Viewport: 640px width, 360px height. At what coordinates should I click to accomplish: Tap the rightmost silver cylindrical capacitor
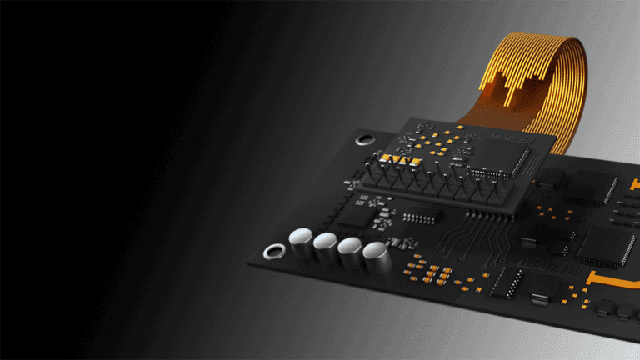pyautogui.click(x=376, y=255)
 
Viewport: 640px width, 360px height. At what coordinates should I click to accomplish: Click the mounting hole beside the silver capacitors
pyautogui.click(x=272, y=251)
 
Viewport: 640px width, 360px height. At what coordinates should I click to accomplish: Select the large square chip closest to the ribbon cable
pyautogui.click(x=592, y=187)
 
